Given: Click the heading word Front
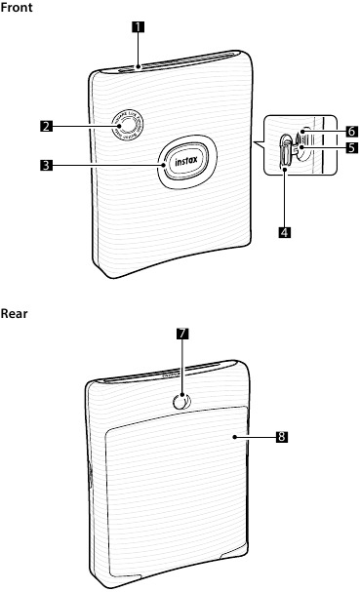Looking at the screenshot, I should (x=16, y=7).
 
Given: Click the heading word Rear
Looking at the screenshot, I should (x=14, y=313).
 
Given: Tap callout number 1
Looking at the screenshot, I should (x=140, y=26).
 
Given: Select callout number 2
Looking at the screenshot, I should (x=45, y=125).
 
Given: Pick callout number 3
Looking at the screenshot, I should (x=45, y=165).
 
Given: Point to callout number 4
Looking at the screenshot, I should (x=284, y=233).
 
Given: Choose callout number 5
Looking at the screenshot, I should (x=350, y=148).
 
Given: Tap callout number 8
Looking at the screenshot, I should (x=281, y=437).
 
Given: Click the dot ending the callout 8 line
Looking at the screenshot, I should (x=237, y=437).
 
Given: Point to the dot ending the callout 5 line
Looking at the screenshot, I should (x=303, y=148).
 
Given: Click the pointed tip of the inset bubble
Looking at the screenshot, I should (x=253, y=143).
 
